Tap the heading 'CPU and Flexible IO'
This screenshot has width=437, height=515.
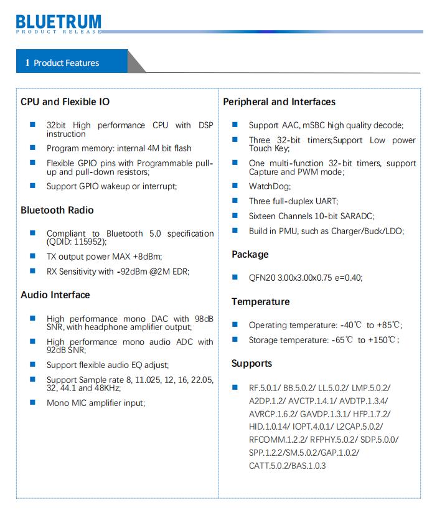click(x=65, y=102)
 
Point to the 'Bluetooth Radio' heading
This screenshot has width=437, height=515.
click(x=57, y=210)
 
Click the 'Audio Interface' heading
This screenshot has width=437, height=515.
click(x=55, y=295)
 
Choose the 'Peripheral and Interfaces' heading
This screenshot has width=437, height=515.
click(x=279, y=102)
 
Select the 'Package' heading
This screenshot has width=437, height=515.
click(x=250, y=254)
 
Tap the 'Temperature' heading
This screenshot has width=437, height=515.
click(x=260, y=301)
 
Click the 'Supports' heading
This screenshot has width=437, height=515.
click(x=251, y=363)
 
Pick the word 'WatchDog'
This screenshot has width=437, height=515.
click(x=269, y=186)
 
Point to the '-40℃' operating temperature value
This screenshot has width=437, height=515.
click(x=351, y=325)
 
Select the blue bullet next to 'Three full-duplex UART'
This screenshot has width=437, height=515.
click(x=235, y=201)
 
